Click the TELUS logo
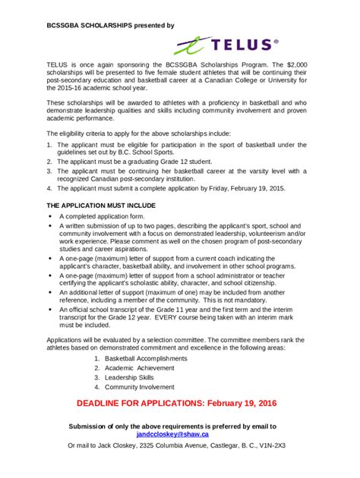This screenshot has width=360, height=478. coord(226,46)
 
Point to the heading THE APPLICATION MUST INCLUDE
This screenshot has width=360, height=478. coord(101,206)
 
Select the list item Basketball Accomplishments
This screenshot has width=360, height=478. coord(145,357)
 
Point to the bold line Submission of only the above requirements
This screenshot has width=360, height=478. coord(172,426)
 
